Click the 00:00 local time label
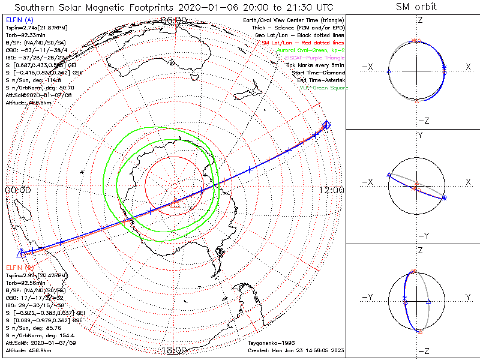point(17,190)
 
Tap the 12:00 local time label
point(332,190)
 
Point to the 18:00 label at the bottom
point(175,350)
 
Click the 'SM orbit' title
point(416,7)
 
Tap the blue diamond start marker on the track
point(326,125)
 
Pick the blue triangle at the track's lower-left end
point(21,253)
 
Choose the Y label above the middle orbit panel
point(419,136)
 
